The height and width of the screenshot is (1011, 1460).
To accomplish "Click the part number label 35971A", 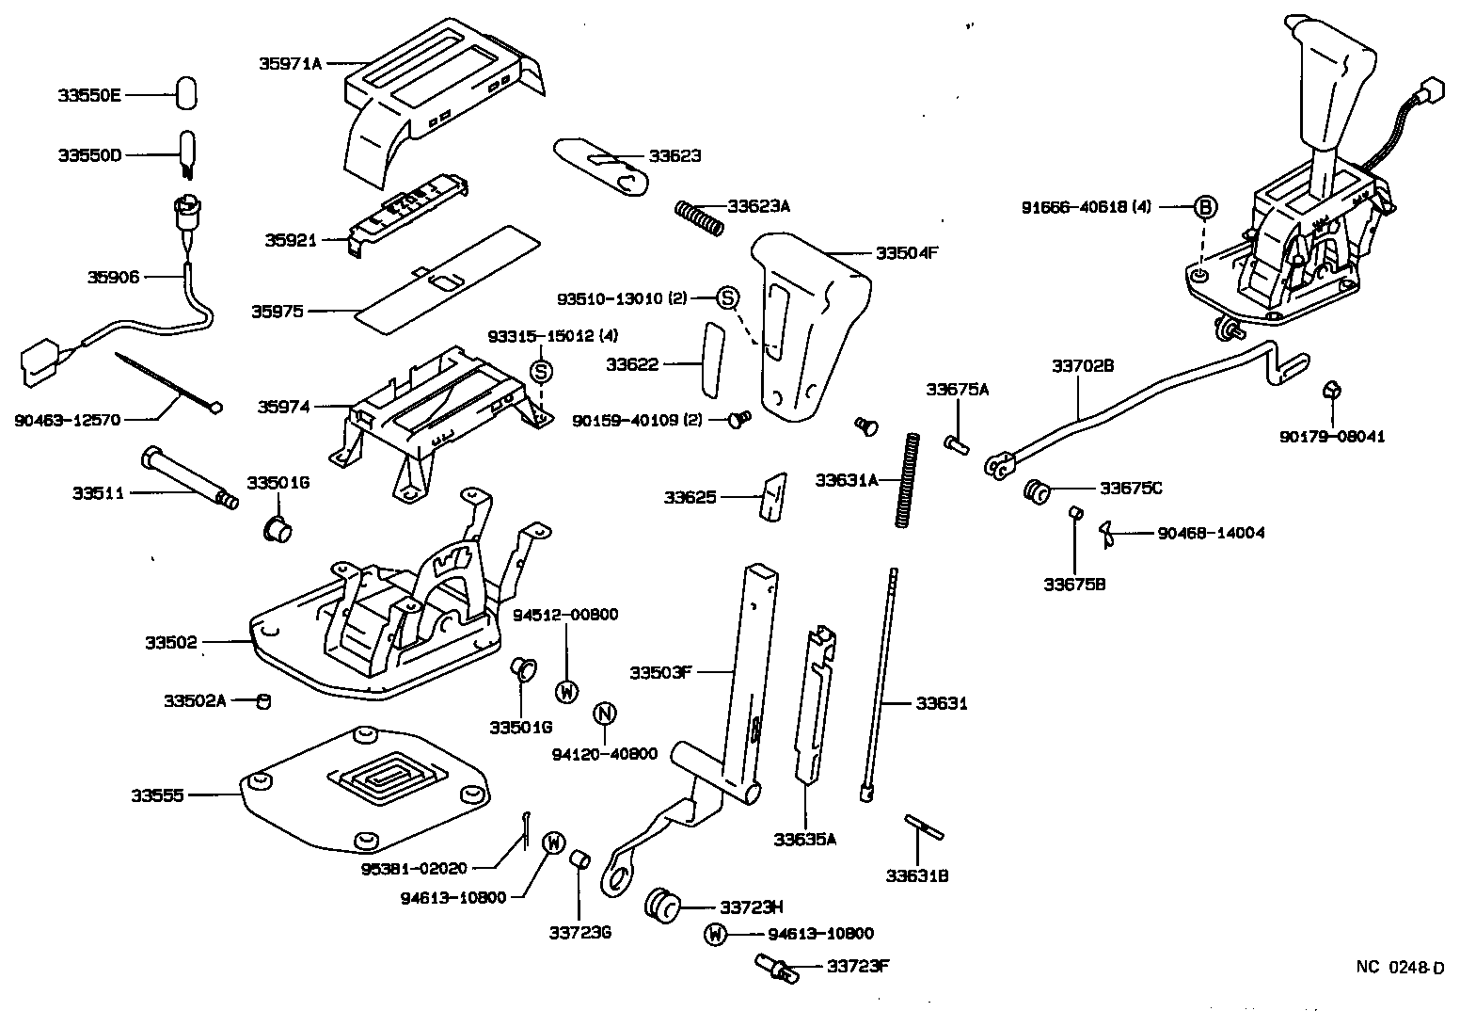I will point(290,63).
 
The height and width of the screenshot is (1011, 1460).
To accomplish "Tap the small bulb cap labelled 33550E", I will point(186,95).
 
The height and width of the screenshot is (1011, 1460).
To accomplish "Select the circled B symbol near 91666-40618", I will point(1205,208).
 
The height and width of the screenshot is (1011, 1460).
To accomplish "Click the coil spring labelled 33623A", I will point(700,217).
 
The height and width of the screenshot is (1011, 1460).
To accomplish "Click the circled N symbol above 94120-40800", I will point(605,714).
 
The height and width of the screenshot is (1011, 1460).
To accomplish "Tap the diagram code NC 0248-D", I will point(1399,967).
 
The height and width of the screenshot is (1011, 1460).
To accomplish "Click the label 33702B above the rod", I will point(1082,365).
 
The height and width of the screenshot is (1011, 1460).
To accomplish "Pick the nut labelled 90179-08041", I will point(1331,393).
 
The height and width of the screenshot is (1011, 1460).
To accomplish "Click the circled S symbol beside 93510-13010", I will point(728,298).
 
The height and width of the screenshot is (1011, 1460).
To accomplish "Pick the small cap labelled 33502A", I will point(264,701).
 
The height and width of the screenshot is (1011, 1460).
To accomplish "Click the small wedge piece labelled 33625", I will point(770,495).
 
